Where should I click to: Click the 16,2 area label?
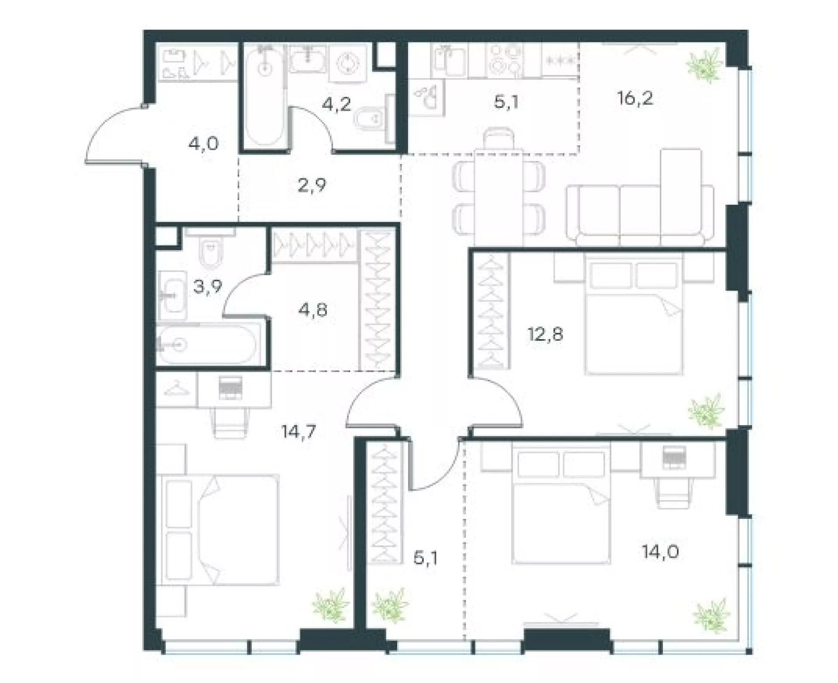[635, 99]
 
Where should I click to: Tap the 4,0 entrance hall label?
[203, 144]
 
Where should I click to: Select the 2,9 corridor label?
[312, 185]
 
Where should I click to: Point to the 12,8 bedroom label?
[546, 335]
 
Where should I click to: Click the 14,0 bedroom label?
[660, 552]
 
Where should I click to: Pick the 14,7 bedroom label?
[299, 432]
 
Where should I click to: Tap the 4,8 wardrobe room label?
[313, 310]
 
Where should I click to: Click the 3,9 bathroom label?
[208, 287]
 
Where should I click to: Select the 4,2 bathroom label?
[337, 104]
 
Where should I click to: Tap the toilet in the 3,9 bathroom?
[210, 249]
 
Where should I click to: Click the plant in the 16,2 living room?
[703, 65]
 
